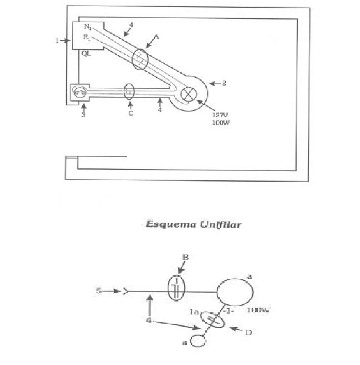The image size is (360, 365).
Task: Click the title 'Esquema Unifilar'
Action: click(x=194, y=224)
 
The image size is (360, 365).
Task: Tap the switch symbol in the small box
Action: click(x=80, y=93)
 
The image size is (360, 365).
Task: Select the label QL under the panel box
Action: click(x=86, y=52)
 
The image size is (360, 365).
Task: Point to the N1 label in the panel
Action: click(x=88, y=27)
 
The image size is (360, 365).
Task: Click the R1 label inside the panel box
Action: click(x=88, y=37)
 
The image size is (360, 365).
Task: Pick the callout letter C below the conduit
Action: click(x=130, y=114)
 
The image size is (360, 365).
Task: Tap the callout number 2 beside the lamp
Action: click(x=224, y=83)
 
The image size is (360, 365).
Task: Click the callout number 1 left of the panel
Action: click(x=58, y=40)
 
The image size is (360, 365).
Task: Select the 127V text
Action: click(x=220, y=116)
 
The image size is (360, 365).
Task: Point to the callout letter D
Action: click(x=248, y=332)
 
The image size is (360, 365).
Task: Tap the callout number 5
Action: click(x=99, y=291)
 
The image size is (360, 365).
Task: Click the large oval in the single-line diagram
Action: click(x=235, y=292)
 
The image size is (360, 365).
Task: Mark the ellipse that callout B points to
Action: click(x=176, y=288)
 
